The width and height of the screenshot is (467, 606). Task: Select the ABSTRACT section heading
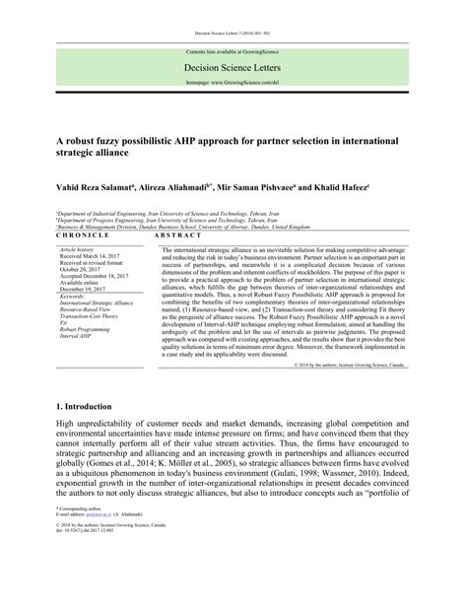pos(178,237)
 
